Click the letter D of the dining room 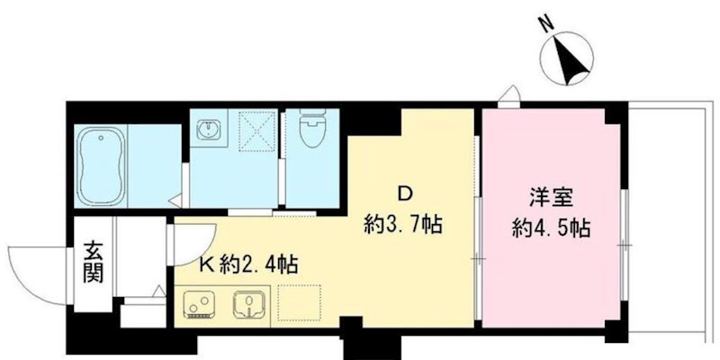click(406, 194)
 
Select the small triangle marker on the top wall click(509, 94)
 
